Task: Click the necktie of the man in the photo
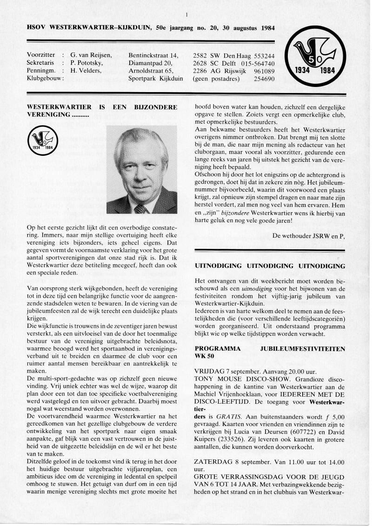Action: (140, 208)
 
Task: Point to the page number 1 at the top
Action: (186, 14)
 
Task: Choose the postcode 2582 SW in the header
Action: (204, 55)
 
